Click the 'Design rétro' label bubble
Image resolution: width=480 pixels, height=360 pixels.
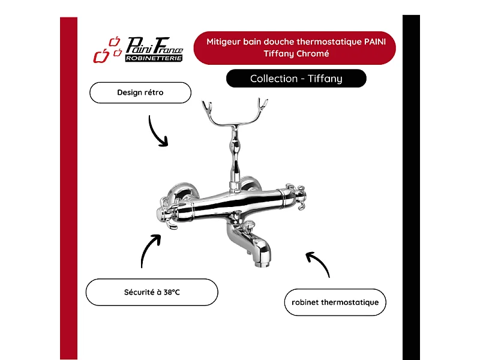pos(140,92)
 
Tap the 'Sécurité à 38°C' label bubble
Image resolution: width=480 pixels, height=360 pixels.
pos(152,292)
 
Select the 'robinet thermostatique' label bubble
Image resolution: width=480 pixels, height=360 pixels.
pos(335,302)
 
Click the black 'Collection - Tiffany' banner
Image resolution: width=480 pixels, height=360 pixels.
pos(296,79)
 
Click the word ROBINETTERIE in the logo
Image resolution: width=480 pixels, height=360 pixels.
pos(154,58)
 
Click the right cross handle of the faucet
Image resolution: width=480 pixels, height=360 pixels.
pos(296,196)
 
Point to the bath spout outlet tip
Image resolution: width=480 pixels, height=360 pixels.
pos(262,263)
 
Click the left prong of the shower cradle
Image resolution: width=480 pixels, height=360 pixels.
pos(207,107)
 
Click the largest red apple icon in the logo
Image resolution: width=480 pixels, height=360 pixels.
pos(101,56)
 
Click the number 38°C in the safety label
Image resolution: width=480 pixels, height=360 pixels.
pos(172,292)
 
